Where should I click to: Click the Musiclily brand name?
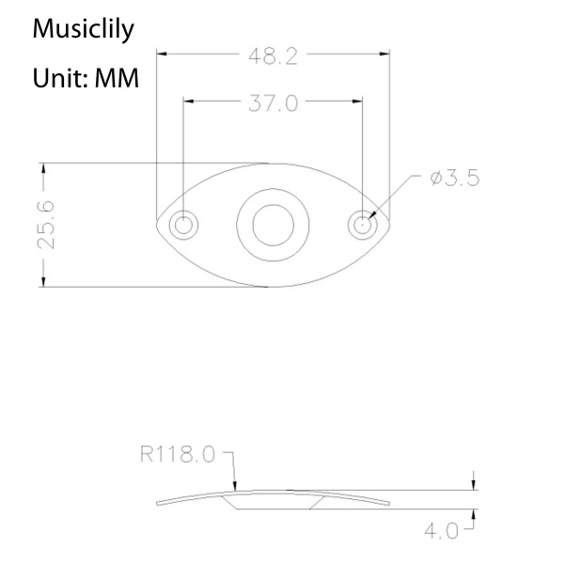click(x=83, y=29)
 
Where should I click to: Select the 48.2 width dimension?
click(x=273, y=55)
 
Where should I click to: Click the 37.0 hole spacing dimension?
click(x=273, y=102)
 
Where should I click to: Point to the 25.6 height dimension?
click(x=45, y=224)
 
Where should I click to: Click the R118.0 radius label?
click(x=178, y=455)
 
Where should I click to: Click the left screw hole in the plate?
click(x=182, y=225)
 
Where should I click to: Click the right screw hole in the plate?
click(x=362, y=225)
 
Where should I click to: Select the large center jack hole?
click(x=273, y=225)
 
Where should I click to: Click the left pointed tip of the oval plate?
click(x=155, y=225)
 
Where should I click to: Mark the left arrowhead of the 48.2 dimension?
click(x=161, y=55)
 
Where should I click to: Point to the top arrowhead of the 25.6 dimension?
click(x=42, y=167)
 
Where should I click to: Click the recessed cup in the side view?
click(x=273, y=499)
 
